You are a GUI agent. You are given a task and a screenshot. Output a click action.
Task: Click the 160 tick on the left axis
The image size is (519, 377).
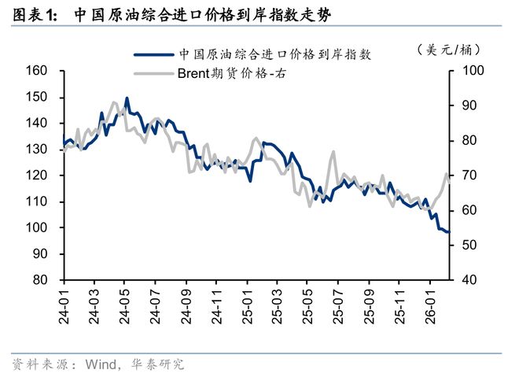[39, 71]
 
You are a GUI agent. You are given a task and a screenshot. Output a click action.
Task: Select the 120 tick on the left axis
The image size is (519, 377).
[39, 176]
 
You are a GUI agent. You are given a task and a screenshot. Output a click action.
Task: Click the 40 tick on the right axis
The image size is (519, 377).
[464, 280]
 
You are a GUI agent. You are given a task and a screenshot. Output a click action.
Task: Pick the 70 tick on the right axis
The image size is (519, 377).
[464, 176]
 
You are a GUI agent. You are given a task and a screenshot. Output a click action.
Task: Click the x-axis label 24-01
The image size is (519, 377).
[64, 307]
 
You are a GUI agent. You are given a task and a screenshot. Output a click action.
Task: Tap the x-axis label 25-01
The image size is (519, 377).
[247, 307]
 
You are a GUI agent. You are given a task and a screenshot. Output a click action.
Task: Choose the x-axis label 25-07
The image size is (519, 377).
[338, 307]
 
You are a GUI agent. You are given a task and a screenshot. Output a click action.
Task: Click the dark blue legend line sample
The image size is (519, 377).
[153, 55]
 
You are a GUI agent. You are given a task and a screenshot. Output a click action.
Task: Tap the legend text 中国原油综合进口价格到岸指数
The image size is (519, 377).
[274, 55]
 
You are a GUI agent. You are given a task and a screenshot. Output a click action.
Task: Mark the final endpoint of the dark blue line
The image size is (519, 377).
[448, 232]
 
